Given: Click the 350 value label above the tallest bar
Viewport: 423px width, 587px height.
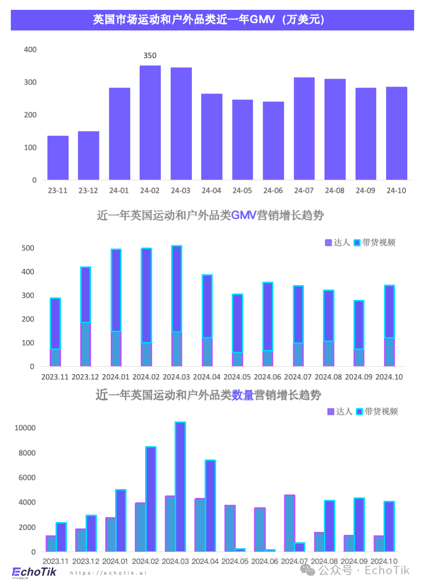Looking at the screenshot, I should coord(150,56).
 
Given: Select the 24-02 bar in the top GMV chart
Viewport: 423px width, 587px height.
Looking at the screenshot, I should coord(150,123).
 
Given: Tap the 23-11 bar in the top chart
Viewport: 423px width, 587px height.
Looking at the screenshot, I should coord(58,158).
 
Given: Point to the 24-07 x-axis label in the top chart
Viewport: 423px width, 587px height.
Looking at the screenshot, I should coord(304,191).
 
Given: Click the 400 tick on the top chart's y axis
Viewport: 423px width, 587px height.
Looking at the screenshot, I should coord(30,50).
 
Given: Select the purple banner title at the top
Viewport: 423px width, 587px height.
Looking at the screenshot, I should coord(211,20).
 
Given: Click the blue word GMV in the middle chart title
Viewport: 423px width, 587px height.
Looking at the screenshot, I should coord(244,215).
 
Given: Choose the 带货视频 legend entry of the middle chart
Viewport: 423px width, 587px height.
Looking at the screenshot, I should coord(375,242).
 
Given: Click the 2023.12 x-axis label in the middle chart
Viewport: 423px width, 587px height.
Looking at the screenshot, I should coord(86,377).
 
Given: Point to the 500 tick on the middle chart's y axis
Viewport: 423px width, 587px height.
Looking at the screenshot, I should coord(28,248).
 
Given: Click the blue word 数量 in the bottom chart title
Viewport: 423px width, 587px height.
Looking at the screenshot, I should coord(242,395).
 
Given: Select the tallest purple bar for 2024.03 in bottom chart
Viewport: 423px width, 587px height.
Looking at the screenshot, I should coord(181,487).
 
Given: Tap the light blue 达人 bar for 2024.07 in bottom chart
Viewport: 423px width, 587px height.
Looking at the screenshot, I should coord(290,523).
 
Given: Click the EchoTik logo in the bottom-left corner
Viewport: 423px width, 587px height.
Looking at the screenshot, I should coord(34,572).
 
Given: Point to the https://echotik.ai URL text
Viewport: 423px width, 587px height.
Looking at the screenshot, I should coord(108,573).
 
